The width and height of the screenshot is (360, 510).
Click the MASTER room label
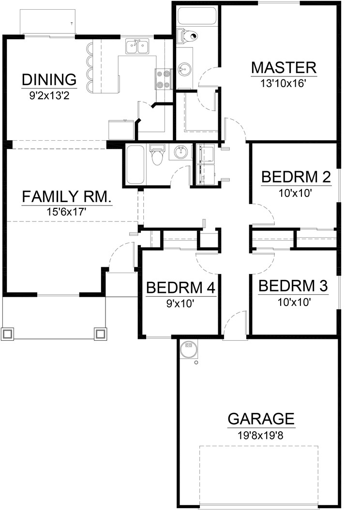(284, 68)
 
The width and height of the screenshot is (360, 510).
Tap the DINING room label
(49, 79)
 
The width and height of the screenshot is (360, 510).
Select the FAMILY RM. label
(67, 197)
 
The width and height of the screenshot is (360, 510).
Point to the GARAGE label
(261, 419)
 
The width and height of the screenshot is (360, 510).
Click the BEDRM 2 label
(296, 177)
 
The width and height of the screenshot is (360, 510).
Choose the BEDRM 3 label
(293, 286)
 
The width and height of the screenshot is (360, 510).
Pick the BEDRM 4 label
(180, 288)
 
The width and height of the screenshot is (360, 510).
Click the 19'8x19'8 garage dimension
(261, 435)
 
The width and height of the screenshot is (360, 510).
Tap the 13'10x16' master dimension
(284, 84)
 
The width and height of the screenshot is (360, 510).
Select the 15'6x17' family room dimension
(66, 212)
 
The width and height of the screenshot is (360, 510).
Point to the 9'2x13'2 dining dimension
(49, 96)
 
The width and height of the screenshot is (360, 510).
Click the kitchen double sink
(137, 46)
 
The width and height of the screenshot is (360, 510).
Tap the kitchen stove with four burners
(163, 79)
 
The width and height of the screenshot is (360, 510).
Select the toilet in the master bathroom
(187, 36)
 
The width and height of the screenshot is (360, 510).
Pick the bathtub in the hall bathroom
(135, 164)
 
